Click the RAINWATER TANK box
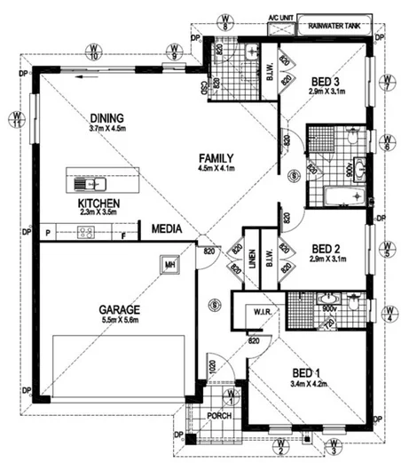point(329,27)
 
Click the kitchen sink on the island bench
point(88,184)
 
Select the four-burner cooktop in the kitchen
point(87,233)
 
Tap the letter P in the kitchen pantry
point(46,233)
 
